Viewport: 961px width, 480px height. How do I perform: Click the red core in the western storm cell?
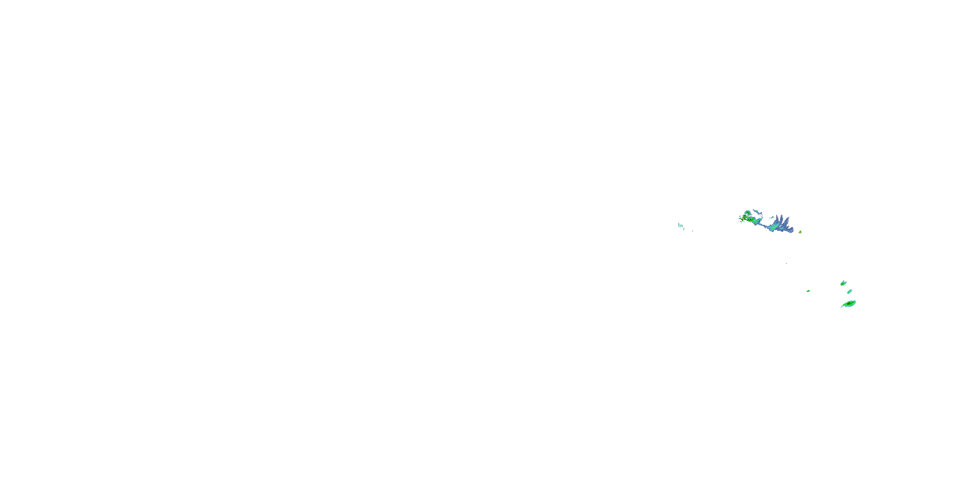(743, 219)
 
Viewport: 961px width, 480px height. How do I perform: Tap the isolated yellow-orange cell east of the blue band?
(800, 232)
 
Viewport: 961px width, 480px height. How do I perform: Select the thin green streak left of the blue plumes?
(772, 218)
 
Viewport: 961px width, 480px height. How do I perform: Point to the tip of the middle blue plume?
(782, 215)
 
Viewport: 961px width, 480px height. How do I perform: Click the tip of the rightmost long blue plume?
(789, 217)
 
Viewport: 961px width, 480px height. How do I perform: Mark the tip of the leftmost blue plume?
(777, 215)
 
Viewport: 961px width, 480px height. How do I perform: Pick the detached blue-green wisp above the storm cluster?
(757, 212)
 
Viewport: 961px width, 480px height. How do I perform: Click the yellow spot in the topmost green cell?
(748, 213)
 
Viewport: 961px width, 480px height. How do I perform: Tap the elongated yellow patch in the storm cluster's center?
(748, 218)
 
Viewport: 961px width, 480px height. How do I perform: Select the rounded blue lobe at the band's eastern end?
(792, 229)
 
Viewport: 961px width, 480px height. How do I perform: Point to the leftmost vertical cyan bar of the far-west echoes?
(678, 225)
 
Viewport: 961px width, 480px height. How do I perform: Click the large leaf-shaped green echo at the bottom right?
(850, 304)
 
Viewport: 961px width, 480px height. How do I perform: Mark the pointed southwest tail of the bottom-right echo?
(842, 307)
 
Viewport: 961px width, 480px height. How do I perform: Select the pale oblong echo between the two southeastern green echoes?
(850, 292)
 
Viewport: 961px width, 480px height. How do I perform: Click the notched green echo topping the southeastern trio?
(843, 283)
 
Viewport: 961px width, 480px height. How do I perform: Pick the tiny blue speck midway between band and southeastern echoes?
(786, 263)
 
